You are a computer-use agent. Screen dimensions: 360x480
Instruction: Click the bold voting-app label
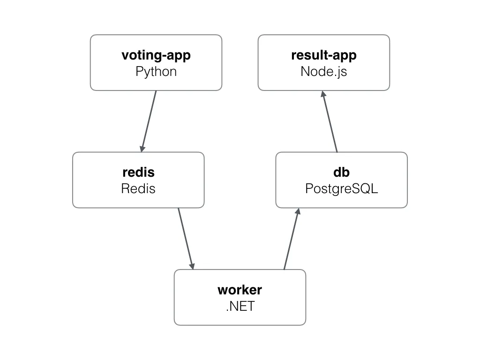pyautogui.click(x=156, y=55)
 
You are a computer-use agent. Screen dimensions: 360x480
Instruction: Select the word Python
pyautogui.click(x=156, y=72)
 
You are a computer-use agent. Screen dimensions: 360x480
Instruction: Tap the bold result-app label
pyautogui.click(x=323, y=55)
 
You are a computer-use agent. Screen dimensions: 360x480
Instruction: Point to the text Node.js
pyautogui.click(x=323, y=72)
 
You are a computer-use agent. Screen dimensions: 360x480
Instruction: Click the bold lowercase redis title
pyautogui.click(x=138, y=172)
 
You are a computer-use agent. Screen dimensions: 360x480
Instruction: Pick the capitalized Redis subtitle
pyautogui.click(x=138, y=188)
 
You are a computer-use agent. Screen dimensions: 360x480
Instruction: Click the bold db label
pyautogui.click(x=342, y=172)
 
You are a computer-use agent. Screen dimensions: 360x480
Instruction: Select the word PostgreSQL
pyautogui.click(x=342, y=188)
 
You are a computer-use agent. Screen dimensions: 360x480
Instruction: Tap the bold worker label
pyautogui.click(x=240, y=290)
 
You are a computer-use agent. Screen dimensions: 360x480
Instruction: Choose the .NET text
pyautogui.click(x=240, y=306)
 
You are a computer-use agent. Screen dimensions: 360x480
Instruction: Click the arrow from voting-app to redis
pyautogui.click(x=149, y=120)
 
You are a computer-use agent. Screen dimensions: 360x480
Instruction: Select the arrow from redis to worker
pyautogui.click(x=186, y=238)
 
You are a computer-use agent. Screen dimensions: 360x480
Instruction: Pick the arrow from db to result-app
pyautogui.click(x=330, y=121)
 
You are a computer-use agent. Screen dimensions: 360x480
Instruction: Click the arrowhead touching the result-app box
pyautogui.click(x=323, y=95)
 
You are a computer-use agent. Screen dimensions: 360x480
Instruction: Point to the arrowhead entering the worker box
pyautogui.click(x=192, y=265)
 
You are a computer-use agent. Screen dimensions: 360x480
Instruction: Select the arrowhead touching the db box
pyautogui.click(x=297, y=213)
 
